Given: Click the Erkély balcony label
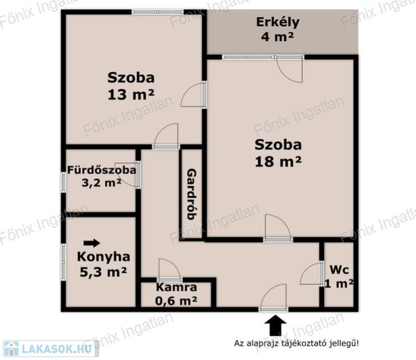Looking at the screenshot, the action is (x=278, y=23).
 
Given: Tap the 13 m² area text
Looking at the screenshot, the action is (x=131, y=95).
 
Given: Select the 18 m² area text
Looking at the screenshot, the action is (x=278, y=161).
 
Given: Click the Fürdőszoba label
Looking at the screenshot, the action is (x=101, y=170).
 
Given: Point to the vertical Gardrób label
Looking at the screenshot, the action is (x=191, y=194).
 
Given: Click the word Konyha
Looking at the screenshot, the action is (x=104, y=257).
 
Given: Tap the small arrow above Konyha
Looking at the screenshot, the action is (x=92, y=243).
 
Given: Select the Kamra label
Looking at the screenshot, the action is (x=177, y=287).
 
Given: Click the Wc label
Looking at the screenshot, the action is (x=339, y=270).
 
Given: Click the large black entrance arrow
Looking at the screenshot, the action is (x=276, y=325).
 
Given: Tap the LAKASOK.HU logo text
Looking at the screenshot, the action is (x=57, y=349).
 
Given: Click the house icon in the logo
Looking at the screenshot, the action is (x=11, y=349).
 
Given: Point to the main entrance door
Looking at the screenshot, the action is (x=274, y=297).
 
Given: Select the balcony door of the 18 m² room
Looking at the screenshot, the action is (x=289, y=69).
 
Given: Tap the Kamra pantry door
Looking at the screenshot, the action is (x=169, y=269).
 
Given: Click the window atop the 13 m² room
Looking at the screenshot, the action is (x=158, y=12).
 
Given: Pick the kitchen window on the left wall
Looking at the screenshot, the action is (x=63, y=262).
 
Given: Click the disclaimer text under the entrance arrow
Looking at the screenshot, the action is (x=296, y=343).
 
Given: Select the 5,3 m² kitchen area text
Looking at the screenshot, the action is (x=103, y=272).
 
